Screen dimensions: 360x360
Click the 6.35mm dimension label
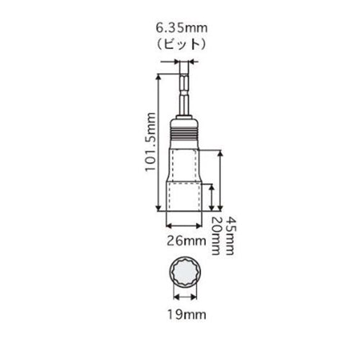tap(181, 28)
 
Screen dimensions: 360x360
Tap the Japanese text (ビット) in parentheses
tap(181, 44)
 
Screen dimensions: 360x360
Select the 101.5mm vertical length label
tap(150, 142)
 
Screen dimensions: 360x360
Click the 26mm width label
tap(186, 241)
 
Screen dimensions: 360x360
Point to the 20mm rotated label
tap(215, 236)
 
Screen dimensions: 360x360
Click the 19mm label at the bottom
tap(186, 314)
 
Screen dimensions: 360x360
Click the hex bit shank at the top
tap(184, 89)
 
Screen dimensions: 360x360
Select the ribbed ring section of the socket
tap(184, 135)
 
